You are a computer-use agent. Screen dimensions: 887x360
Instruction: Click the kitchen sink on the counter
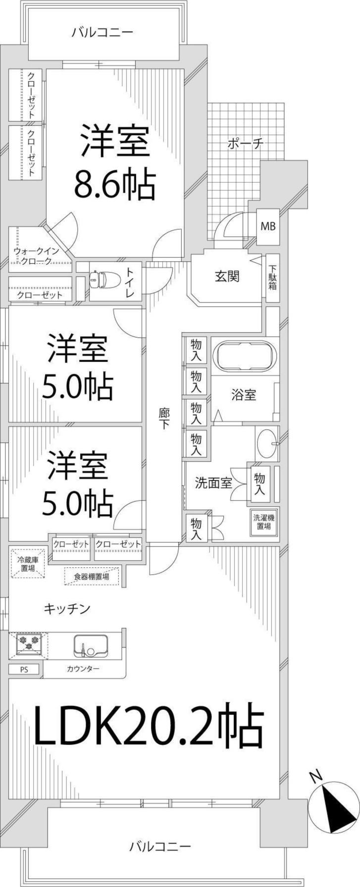(92, 645)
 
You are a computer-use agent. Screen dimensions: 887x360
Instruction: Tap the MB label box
(268, 227)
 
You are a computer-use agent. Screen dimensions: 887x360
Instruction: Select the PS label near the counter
(24, 669)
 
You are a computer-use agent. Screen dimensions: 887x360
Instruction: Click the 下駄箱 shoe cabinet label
(273, 279)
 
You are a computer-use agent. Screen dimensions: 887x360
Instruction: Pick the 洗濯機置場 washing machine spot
(263, 522)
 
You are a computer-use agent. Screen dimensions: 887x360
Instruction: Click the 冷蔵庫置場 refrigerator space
(28, 564)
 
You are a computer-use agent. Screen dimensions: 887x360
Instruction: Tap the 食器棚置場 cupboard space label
(92, 577)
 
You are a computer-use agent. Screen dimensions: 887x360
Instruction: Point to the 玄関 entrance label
(227, 276)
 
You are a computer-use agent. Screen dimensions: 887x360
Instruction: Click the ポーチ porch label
(245, 145)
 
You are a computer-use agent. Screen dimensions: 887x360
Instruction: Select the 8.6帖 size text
(115, 184)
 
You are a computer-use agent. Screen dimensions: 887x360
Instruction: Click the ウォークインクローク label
(36, 256)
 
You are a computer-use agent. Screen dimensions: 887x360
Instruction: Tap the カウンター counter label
(83, 669)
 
